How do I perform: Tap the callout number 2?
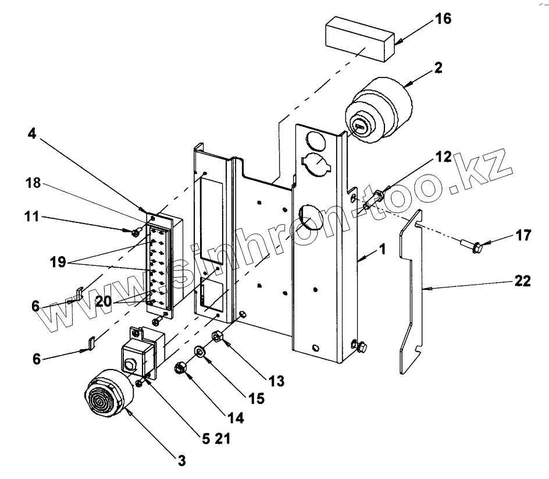[437, 68]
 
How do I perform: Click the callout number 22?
[522, 281]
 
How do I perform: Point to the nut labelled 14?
[180, 367]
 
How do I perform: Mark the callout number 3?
[181, 461]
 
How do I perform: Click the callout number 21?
[223, 439]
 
